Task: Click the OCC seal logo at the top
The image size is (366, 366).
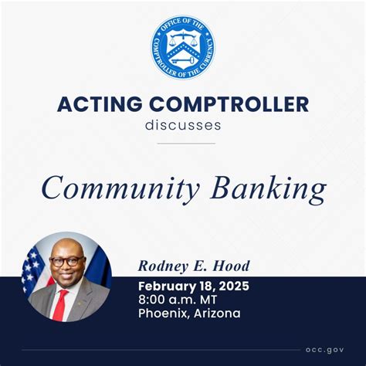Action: (182, 47)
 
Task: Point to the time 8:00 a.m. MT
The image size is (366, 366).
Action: (178, 299)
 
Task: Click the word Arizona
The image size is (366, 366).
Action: (218, 313)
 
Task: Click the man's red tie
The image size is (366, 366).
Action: (59, 305)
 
